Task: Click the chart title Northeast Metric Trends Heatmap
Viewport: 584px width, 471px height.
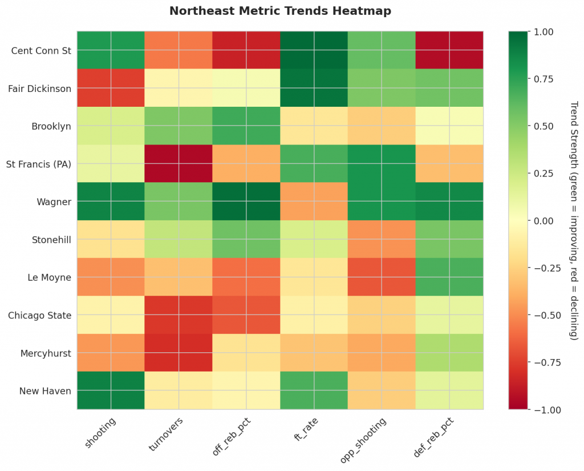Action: pos(280,11)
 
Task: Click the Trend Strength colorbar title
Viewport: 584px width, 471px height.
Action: pos(574,220)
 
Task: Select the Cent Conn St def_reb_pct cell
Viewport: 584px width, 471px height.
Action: pos(449,51)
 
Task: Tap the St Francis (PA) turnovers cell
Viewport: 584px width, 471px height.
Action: pos(179,164)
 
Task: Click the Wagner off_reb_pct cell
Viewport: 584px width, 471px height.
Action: pos(246,202)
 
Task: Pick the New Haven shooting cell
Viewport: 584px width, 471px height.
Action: pos(111,391)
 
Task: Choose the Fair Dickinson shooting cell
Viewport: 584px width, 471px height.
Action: pos(111,88)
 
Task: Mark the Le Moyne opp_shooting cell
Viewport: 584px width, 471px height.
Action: pos(382,277)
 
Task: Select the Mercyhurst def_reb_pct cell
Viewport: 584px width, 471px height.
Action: pos(449,353)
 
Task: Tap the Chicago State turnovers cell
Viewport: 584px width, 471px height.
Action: pos(179,315)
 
